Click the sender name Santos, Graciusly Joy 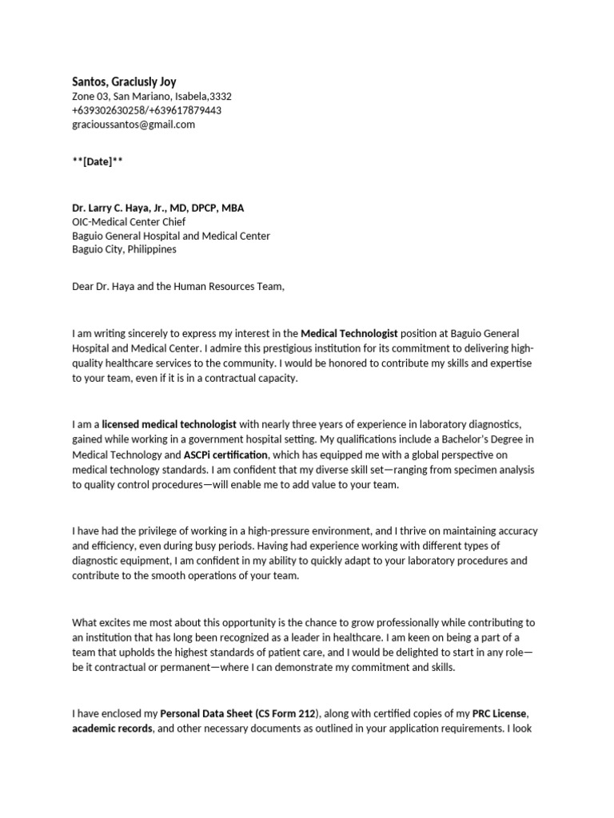click(124, 81)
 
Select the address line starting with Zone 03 click(152, 96)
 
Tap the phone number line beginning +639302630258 click(146, 110)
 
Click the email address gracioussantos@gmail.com click(133, 125)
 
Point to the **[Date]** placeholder click(98, 161)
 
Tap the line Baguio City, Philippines click(124, 249)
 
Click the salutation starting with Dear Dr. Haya click(177, 286)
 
